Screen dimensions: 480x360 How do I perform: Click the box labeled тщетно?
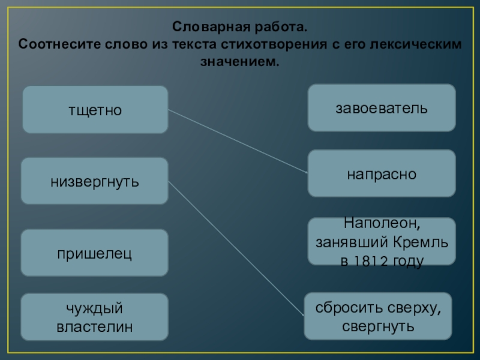(95, 109)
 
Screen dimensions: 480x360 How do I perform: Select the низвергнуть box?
(95, 181)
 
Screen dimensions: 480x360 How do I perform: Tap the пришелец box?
(95, 253)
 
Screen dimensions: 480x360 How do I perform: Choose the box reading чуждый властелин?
(95, 317)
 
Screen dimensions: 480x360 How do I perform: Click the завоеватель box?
(382, 108)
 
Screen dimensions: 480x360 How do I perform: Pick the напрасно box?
(382, 173)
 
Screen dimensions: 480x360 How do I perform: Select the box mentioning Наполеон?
(382, 242)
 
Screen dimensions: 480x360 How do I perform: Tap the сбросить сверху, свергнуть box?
(378, 317)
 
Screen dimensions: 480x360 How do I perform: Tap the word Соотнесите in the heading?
(55, 45)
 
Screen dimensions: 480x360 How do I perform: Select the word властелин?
(95, 326)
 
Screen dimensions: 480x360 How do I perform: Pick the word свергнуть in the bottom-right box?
(378, 326)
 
